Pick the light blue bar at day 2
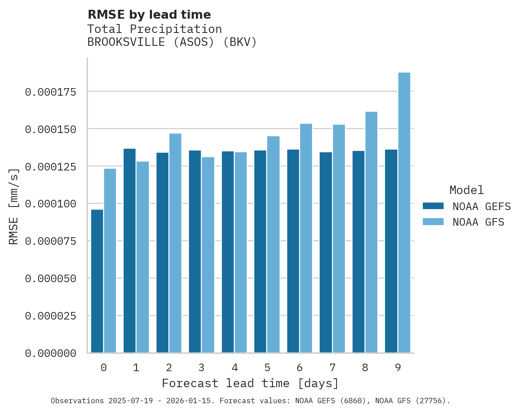pos(175,243)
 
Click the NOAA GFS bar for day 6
pos(306,238)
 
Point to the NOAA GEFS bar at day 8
pos(358,252)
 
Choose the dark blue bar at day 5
pos(260,251)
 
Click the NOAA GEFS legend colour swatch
pos(433,206)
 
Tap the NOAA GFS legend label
pos(478,222)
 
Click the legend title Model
pos(466,190)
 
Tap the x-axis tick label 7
pos(332,368)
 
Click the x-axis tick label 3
pos(201,368)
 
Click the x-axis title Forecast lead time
pos(250,383)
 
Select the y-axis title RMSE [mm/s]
pos(14,206)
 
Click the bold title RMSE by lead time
pos(149,15)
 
